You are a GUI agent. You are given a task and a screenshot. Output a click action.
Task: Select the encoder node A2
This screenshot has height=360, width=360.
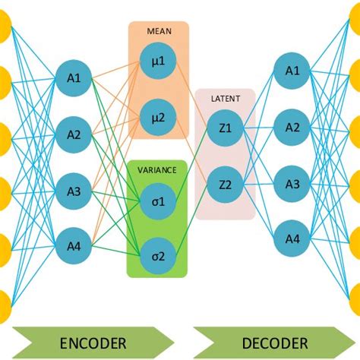point(74,135)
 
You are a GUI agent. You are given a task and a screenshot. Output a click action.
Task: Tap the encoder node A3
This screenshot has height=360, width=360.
point(74,190)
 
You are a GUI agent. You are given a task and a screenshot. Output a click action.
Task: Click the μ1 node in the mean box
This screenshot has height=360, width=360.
point(157,62)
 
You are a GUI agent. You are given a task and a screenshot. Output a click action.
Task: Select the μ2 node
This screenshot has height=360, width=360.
point(157,116)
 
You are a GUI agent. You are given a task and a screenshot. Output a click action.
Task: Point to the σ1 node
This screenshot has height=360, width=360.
point(157,201)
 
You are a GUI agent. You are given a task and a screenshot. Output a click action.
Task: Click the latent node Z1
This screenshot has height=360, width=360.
point(225,128)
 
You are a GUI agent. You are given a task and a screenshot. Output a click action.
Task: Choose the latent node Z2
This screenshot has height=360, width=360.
point(225,183)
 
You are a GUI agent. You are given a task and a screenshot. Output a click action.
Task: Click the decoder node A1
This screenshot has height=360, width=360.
point(292,71)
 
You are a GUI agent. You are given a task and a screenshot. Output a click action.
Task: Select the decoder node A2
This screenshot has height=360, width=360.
point(292,127)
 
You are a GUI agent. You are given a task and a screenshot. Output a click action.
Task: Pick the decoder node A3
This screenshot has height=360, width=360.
point(292,183)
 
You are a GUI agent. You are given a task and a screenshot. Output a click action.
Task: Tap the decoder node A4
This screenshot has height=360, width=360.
point(292,239)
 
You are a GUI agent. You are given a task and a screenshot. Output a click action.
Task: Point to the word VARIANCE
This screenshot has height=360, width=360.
point(157,171)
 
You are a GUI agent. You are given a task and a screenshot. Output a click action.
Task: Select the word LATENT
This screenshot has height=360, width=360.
point(225,98)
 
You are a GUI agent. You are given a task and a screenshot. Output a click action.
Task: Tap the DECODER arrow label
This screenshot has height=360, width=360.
point(264,343)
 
